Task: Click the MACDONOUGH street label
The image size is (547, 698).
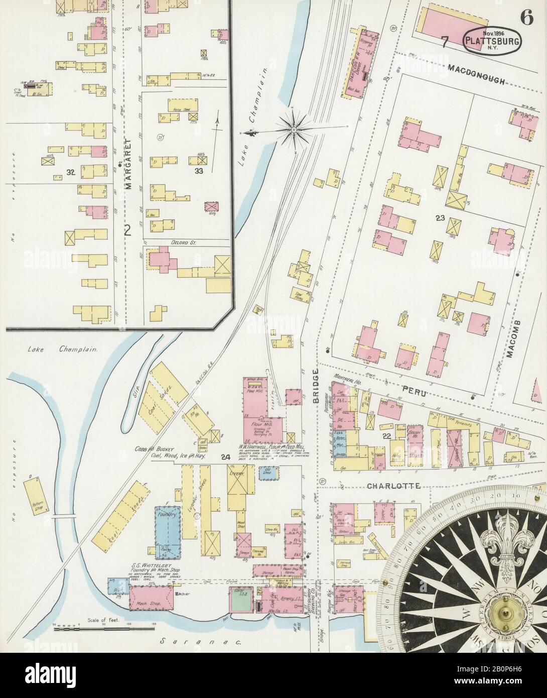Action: coord(476,68)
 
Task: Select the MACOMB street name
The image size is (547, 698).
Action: coord(511,338)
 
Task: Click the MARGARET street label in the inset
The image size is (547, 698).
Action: coord(127,171)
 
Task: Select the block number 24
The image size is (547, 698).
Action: coord(225,457)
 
